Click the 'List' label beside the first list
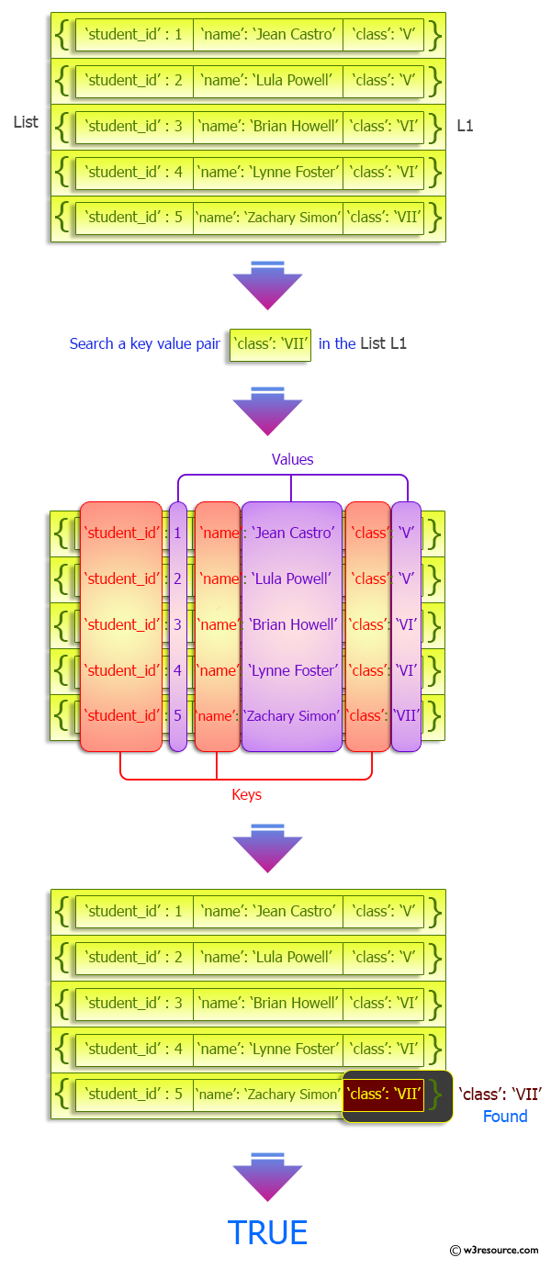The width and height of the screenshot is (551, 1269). point(26,122)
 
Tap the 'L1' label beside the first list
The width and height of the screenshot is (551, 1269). point(466,126)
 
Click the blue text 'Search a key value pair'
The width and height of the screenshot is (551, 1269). point(145,343)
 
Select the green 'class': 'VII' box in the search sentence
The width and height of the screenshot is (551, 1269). point(270,344)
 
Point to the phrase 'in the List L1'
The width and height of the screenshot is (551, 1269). point(363,343)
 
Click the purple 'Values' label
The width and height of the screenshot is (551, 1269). point(292,459)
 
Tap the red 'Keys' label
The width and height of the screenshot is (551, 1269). point(246,794)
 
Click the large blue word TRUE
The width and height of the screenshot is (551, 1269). point(267,1232)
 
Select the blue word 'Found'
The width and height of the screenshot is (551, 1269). point(505,1117)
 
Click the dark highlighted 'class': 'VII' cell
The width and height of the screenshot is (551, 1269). point(384,1094)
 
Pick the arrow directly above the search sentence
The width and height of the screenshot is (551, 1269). point(267,286)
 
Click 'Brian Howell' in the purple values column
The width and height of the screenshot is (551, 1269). point(292,624)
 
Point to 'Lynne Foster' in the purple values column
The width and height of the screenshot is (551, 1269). point(292,670)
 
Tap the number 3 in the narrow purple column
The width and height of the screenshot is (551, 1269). point(178,624)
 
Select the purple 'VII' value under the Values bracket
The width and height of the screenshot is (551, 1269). point(406,715)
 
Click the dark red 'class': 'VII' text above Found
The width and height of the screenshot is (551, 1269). point(500,1094)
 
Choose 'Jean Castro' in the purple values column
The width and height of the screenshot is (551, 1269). point(292,533)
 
